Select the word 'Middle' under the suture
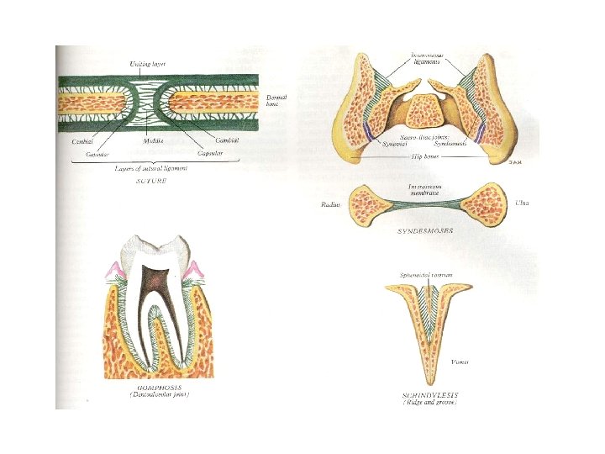(x=153, y=140)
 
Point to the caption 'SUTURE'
(x=152, y=182)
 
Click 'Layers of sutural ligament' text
(x=152, y=169)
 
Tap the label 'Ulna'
(x=522, y=203)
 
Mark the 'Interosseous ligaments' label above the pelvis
(x=428, y=61)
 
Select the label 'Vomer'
(x=460, y=362)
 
